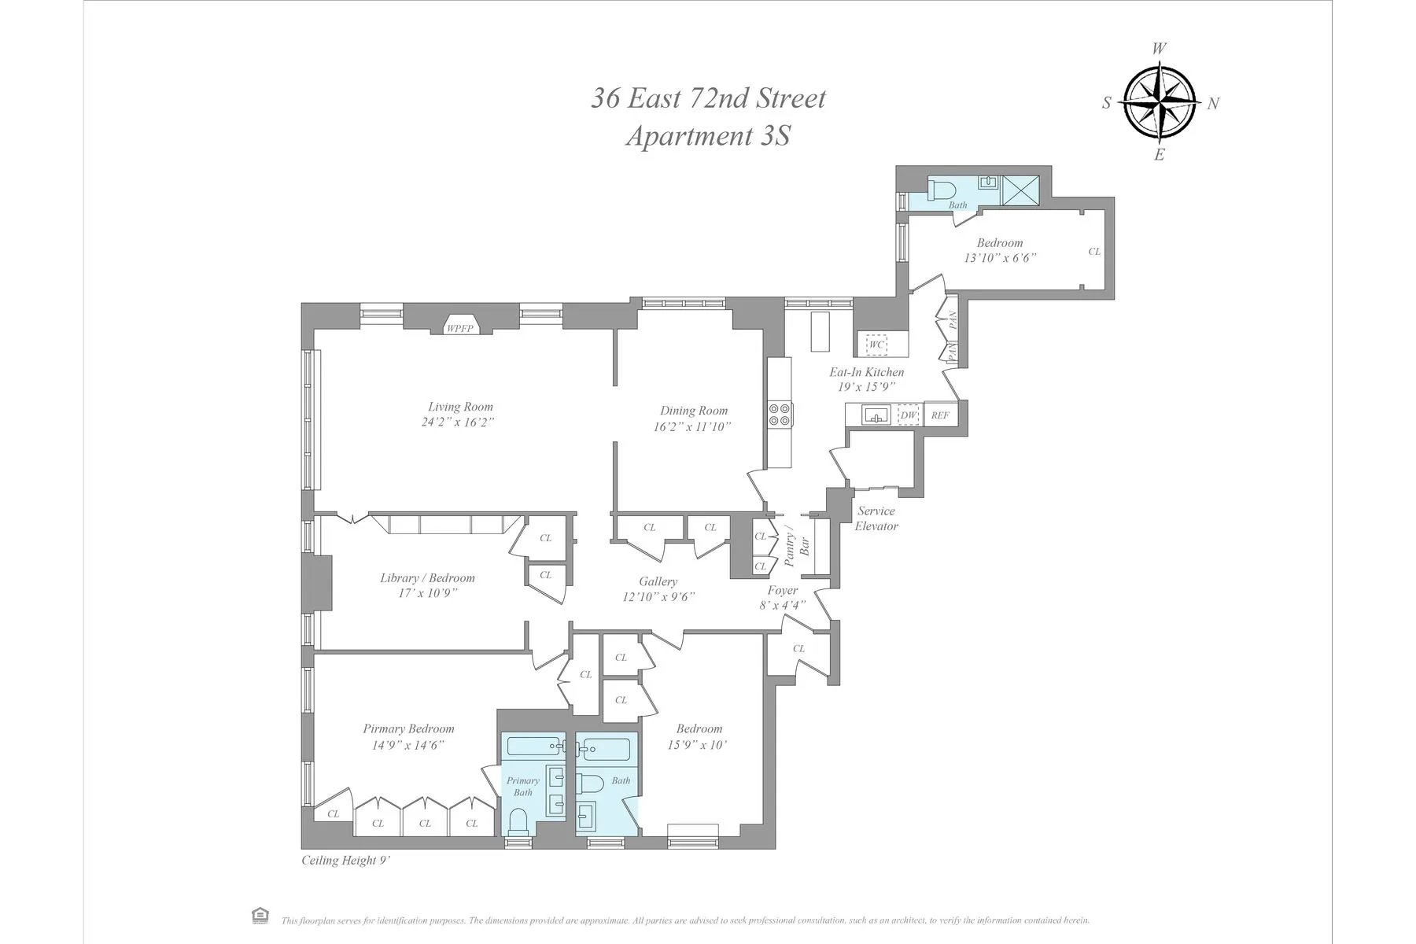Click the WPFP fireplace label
pos(460,328)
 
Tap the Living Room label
pos(460,407)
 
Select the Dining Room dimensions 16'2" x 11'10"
pos(692,427)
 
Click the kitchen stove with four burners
pos(780,414)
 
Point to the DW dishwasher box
pos(909,415)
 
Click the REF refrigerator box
pos(940,415)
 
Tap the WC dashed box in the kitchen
pos(876,345)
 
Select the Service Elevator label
pos(876,518)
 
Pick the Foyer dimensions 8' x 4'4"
pos(782,606)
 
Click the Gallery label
pos(658,581)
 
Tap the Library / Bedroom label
pos(427,578)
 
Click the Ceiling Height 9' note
pos(346,861)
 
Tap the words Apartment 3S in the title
pos(707,136)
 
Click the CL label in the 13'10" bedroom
pos(1094,252)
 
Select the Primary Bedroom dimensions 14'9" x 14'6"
pos(408,745)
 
